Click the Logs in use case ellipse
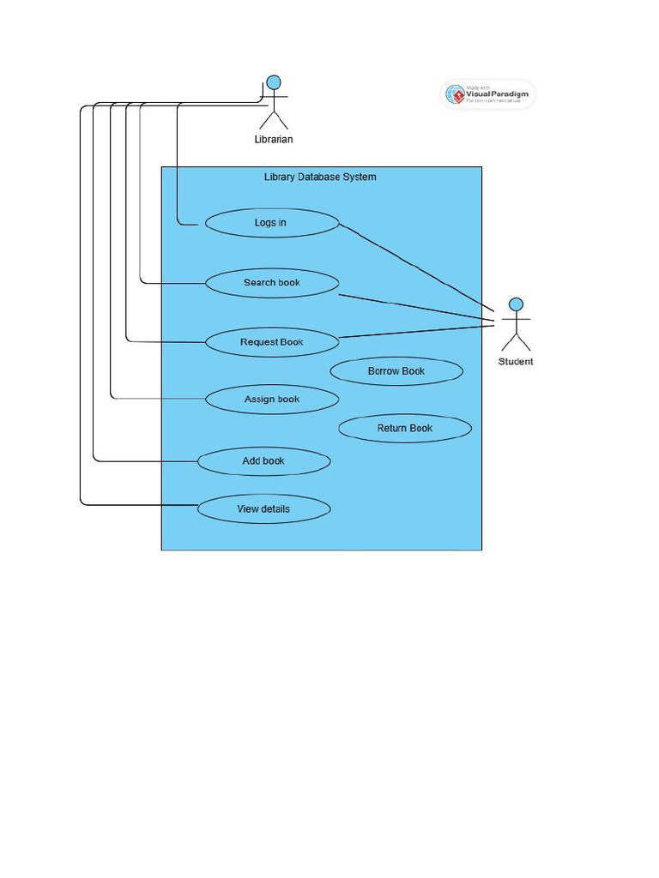(272, 223)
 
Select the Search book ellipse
(272, 283)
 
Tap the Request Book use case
(272, 342)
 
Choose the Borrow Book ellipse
(396, 371)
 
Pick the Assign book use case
(272, 400)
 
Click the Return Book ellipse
(405, 429)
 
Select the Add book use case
(263, 461)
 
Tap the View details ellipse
(263, 509)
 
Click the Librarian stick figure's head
(274, 83)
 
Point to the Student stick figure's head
(516, 304)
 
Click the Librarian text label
(274, 140)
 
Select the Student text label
(516, 362)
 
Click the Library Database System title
(320, 177)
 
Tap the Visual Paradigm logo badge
(487, 94)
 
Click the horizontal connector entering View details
(137, 505)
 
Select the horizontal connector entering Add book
(146, 461)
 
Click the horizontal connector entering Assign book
(159, 399)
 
